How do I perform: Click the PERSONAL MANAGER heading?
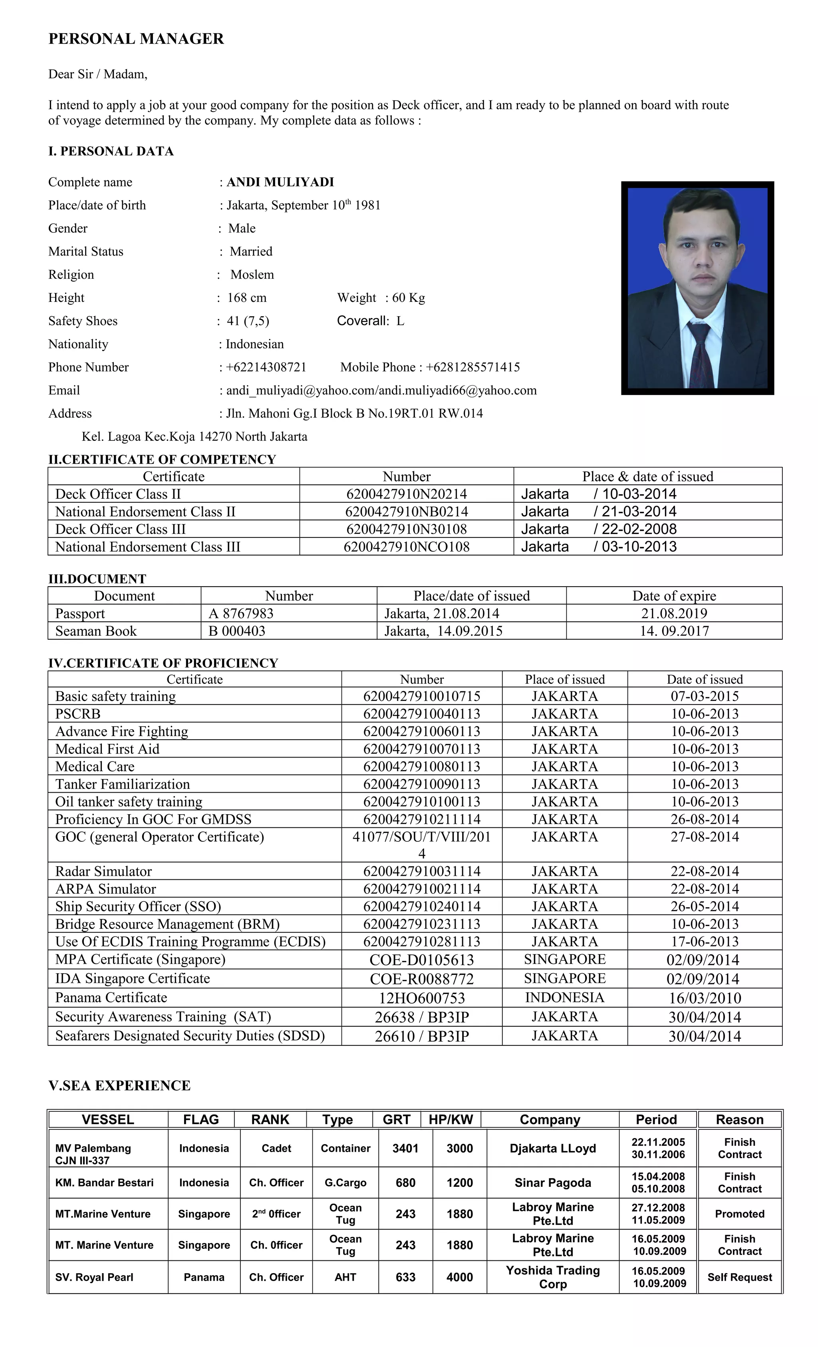pos(136,39)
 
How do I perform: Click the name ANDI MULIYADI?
pos(280,182)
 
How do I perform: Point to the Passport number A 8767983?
pos(241,613)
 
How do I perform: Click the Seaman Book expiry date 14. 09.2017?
pos(674,631)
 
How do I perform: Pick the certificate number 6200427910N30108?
pos(406,529)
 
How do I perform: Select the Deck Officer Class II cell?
pos(118,494)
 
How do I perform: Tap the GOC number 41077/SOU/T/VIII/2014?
pos(421,844)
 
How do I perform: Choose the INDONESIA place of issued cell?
pos(564,998)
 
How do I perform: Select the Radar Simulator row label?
pos(103,871)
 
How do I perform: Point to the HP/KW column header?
pos(451,1120)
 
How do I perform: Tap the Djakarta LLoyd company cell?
pos(552,1149)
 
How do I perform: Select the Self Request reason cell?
pos(739,1278)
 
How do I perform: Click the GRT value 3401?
pos(405,1149)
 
